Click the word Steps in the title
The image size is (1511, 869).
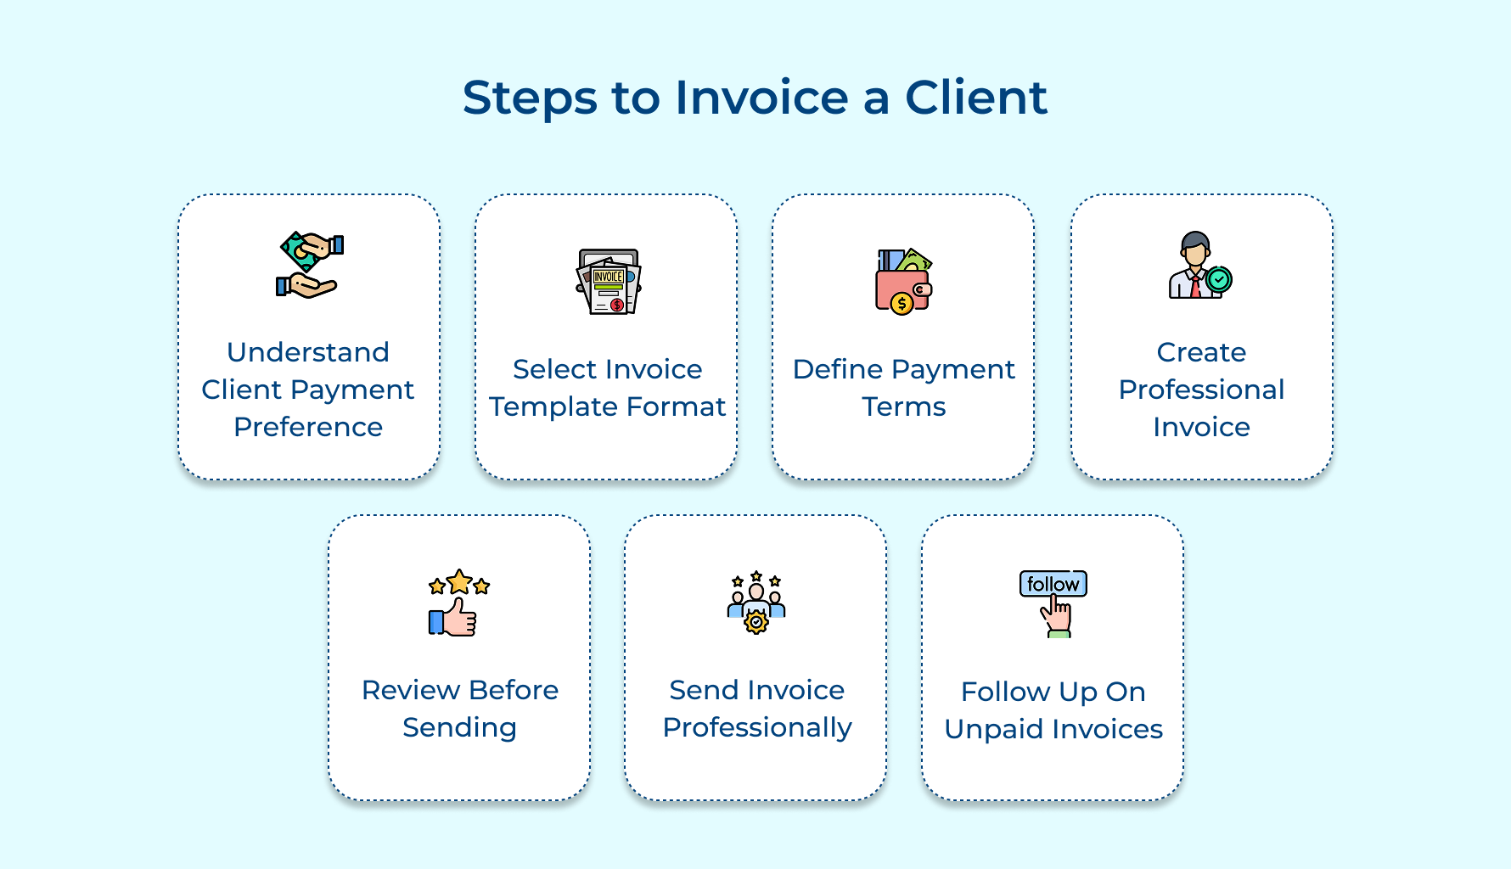(530, 98)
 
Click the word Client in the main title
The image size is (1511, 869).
(975, 97)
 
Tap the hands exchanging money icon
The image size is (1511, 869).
(309, 265)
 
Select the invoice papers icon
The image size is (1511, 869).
(608, 283)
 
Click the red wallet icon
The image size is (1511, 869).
(903, 283)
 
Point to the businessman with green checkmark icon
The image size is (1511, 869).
(1199, 266)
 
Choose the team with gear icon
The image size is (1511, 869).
(755, 603)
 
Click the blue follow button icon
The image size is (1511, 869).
(1053, 584)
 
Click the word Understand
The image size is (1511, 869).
(308, 352)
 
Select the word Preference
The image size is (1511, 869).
(308, 427)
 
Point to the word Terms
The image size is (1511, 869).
(903, 407)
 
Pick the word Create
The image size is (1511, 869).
(1201, 352)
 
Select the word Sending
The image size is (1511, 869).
(459, 728)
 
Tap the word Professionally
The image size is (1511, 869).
(756, 728)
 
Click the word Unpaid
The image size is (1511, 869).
(993, 730)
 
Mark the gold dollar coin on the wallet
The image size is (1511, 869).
(902, 303)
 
